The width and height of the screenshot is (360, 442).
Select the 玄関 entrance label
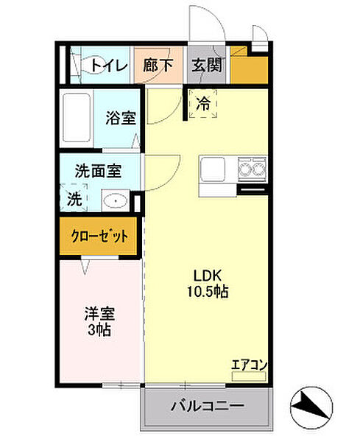[208, 66]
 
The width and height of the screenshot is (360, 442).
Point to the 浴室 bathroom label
[121, 118]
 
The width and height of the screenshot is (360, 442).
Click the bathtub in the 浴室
[77, 119]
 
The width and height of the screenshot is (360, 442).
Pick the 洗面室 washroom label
[98, 169]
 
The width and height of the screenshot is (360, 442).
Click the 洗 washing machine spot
[74, 198]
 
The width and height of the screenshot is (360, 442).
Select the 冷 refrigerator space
[203, 104]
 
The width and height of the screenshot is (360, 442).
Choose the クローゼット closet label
[99, 237]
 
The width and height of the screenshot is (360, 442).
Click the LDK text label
[205, 276]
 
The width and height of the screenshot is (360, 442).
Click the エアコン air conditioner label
[249, 364]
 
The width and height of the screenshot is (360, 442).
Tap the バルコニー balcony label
[207, 406]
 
